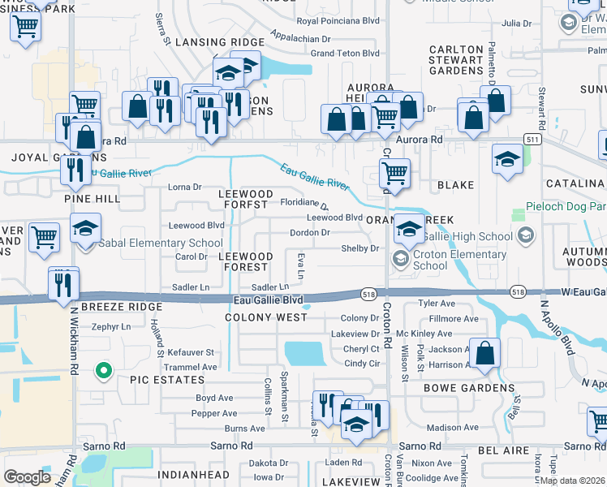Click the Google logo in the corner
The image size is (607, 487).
click(x=28, y=477)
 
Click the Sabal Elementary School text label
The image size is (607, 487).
click(x=161, y=243)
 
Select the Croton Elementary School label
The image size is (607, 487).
click(x=458, y=260)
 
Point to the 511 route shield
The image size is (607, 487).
click(x=532, y=140)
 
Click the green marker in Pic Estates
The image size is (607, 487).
click(x=103, y=372)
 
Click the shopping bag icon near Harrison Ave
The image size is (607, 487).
click(x=484, y=354)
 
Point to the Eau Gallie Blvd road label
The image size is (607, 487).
click(x=268, y=300)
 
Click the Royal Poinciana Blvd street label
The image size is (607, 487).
click(x=338, y=21)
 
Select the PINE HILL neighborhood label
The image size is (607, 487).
click(x=92, y=198)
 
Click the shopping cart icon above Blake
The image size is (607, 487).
click(x=394, y=173)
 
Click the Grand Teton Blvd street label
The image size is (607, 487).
click(x=345, y=53)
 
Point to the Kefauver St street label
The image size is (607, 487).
click(x=191, y=353)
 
